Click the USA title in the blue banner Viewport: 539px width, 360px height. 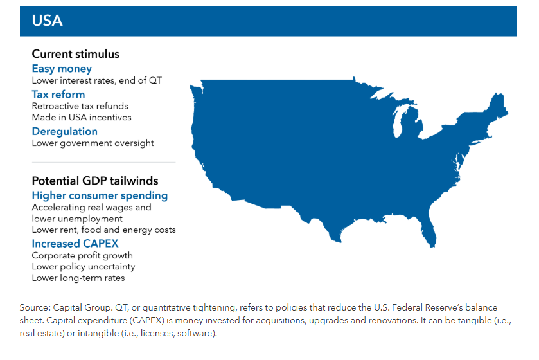coord(47,21)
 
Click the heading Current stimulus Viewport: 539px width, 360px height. coord(76,54)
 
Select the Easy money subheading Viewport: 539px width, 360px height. coord(62,69)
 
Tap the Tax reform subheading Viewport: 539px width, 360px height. coord(58,94)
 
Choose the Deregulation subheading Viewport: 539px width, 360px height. coord(65,132)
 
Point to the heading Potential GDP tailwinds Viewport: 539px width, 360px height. coord(95,181)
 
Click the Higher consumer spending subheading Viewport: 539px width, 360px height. coord(100,195)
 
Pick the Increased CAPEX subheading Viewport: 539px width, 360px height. coord(75,244)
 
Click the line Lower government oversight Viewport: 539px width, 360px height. coord(93,143)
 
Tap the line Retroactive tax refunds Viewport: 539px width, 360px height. coord(80,106)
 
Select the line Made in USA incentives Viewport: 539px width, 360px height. coord(82,118)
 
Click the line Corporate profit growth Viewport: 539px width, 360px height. coord(82,256)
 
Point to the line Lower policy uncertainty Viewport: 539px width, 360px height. coord(84,267)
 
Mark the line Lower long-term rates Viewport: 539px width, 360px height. coord(78,278)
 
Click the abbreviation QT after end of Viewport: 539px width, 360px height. coord(155,81)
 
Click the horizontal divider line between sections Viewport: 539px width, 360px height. coord(104,162)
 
